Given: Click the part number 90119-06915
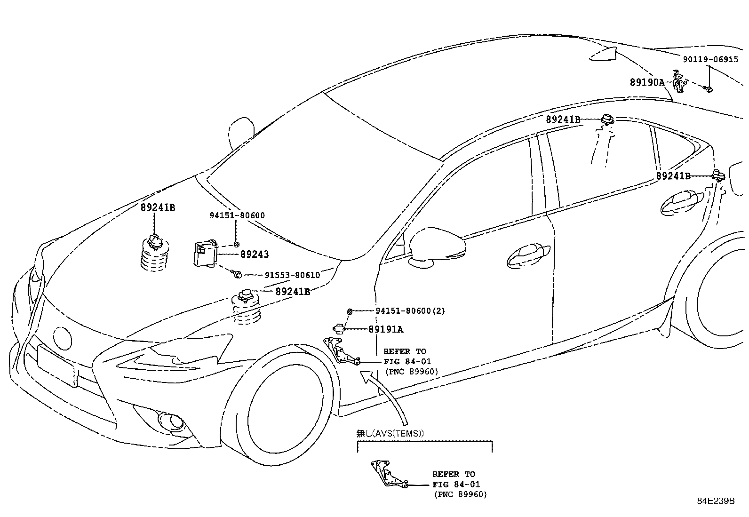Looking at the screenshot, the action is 710,60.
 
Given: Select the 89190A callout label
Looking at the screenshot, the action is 647,82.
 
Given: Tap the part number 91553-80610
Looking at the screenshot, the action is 292,275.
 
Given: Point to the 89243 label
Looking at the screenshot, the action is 255,255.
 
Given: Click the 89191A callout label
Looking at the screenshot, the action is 386,330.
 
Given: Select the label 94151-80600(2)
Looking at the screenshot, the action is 410,311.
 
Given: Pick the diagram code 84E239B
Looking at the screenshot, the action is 716,501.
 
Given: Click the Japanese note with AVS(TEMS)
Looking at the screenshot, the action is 390,434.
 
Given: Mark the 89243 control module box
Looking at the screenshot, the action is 205,253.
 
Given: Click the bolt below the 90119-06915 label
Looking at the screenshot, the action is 708,88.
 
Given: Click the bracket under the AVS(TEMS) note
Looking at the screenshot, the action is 389,475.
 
